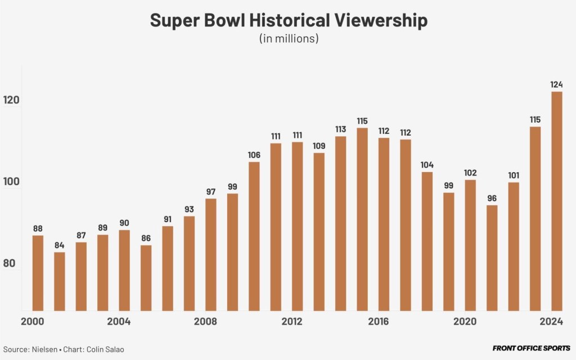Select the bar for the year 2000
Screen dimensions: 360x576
[38, 273]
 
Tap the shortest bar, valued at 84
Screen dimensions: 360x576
[59, 281]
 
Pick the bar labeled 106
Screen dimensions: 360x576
[254, 236]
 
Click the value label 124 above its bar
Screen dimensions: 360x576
[556, 84]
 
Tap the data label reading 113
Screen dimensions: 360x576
[340, 129]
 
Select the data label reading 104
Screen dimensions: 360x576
[427, 165]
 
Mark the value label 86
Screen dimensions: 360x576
[146, 238]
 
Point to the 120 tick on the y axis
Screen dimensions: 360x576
[13, 100]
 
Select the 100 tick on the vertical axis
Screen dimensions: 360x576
[13, 182]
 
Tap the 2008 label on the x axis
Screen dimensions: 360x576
[205, 322]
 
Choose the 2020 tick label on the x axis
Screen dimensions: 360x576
[465, 322]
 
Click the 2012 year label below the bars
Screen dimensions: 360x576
[292, 322]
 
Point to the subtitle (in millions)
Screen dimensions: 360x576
[289, 39]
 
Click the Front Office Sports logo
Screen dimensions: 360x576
[531, 349]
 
